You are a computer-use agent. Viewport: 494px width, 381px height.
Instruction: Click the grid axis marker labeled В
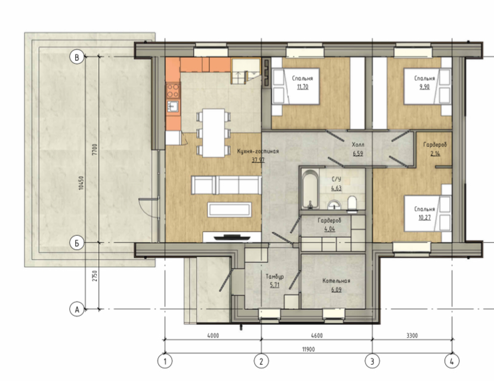tap(76, 57)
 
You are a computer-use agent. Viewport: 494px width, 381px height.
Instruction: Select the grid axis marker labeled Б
tap(76, 243)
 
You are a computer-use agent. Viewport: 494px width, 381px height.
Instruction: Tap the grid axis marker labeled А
tap(76, 309)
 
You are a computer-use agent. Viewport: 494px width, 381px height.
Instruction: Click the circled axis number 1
tap(165, 361)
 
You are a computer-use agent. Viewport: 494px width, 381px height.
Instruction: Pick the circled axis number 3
tap(372, 361)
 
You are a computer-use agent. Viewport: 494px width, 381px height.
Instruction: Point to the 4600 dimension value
tap(317, 336)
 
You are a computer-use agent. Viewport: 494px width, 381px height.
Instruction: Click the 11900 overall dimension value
tap(308, 349)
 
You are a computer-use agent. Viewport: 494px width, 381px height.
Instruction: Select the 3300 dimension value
tap(412, 336)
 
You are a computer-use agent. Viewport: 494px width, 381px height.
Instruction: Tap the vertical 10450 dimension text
tap(81, 183)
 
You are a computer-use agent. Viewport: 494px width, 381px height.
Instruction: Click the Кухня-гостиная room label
tap(258, 152)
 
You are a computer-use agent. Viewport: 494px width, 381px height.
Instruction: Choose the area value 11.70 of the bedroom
tap(302, 87)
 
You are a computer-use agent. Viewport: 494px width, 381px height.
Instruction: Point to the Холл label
tap(358, 145)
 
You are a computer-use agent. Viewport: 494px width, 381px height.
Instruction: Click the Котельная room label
tap(336, 281)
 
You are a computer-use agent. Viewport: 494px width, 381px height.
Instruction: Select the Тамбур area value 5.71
tap(274, 285)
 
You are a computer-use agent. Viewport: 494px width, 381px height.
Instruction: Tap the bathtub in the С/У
tap(310, 189)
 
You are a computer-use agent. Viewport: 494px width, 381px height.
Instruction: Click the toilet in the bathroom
tap(352, 202)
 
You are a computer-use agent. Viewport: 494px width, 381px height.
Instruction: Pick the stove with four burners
tap(173, 90)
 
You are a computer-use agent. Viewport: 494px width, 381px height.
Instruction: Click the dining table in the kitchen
tap(214, 133)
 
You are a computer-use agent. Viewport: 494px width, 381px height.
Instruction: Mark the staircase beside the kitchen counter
tap(246, 71)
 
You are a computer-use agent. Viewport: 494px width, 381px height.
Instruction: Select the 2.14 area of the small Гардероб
tap(435, 153)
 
